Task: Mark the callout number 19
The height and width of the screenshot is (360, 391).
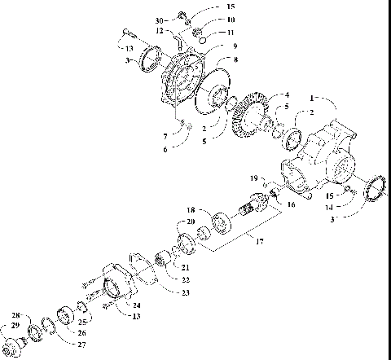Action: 254,178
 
